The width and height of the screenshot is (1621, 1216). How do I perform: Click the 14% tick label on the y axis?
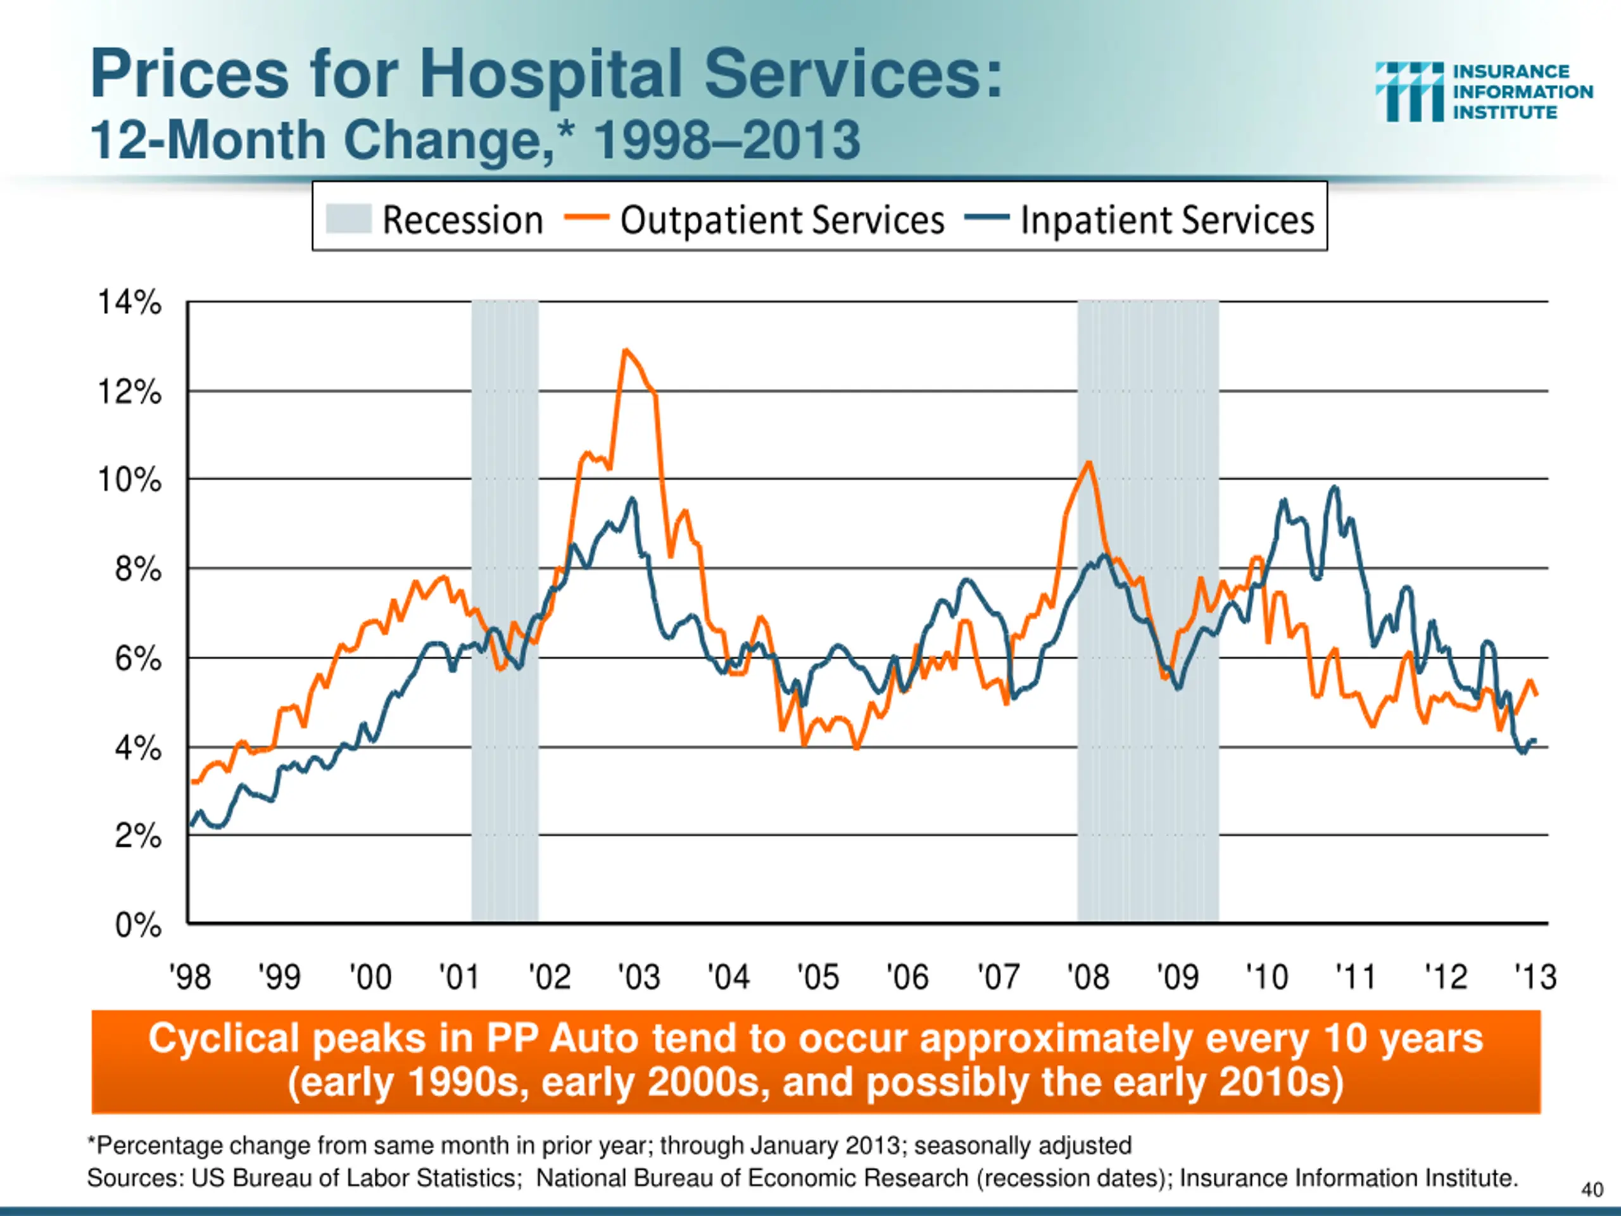pyautogui.click(x=130, y=303)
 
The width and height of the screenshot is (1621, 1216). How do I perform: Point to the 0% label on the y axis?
pyautogui.click(x=139, y=925)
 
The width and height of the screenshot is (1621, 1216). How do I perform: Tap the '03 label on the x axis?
pyautogui.click(x=639, y=977)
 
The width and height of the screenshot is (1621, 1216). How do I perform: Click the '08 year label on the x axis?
pyautogui.click(x=1087, y=977)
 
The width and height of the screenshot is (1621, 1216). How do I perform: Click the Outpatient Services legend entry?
pyautogui.click(x=782, y=220)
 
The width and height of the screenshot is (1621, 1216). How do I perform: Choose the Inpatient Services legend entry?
pyautogui.click(x=1166, y=220)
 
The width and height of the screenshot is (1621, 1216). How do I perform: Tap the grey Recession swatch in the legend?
pyautogui.click(x=348, y=218)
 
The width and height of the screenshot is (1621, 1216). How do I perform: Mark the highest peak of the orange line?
pyautogui.click(x=625, y=350)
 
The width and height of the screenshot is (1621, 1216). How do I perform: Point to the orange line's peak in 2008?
pyautogui.click(x=1089, y=462)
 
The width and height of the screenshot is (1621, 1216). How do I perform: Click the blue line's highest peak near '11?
pyautogui.click(x=1334, y=488)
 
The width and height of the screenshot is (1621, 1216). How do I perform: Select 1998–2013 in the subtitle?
pyautogui.click(x=726, y=139)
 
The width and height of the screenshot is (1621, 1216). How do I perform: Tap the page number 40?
pyautogui.click(x=1592, y=1189)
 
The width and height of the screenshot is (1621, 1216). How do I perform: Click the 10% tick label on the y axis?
pyautogui.click(x=130, y=480)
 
